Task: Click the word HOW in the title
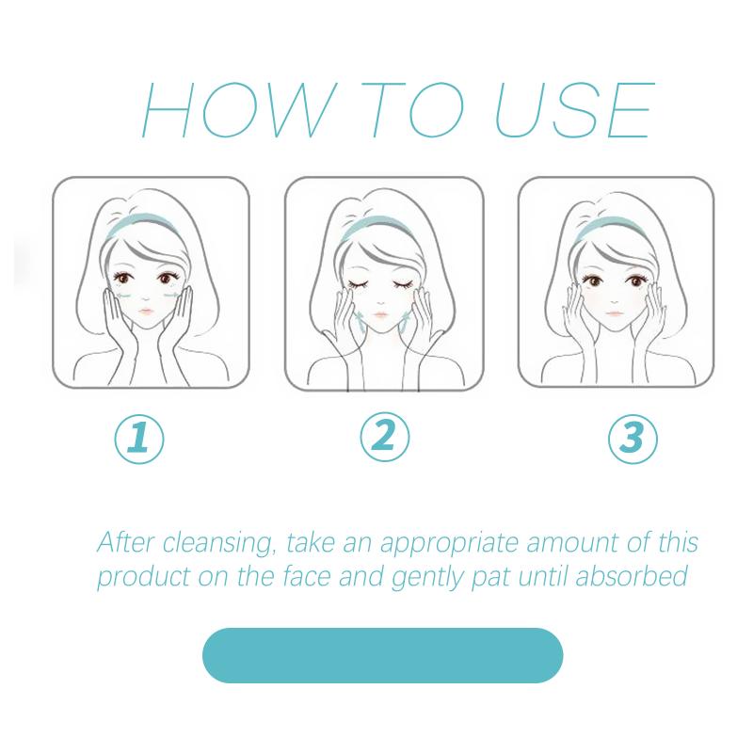[239, 109]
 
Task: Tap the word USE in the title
[575, 109]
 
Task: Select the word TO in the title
[412, 109]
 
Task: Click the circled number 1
[139, 439]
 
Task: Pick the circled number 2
[385, 437]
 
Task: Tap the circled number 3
[633, 439]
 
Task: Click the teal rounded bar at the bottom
[383, 655]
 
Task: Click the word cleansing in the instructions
[219, 543]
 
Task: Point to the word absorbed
[632, 576]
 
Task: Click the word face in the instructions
[307, 576]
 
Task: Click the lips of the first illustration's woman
[146, 312]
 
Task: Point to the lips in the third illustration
[615, 313]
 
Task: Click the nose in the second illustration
[381, 302]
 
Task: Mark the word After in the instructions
[126, 542]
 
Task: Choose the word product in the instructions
[144, 577]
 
